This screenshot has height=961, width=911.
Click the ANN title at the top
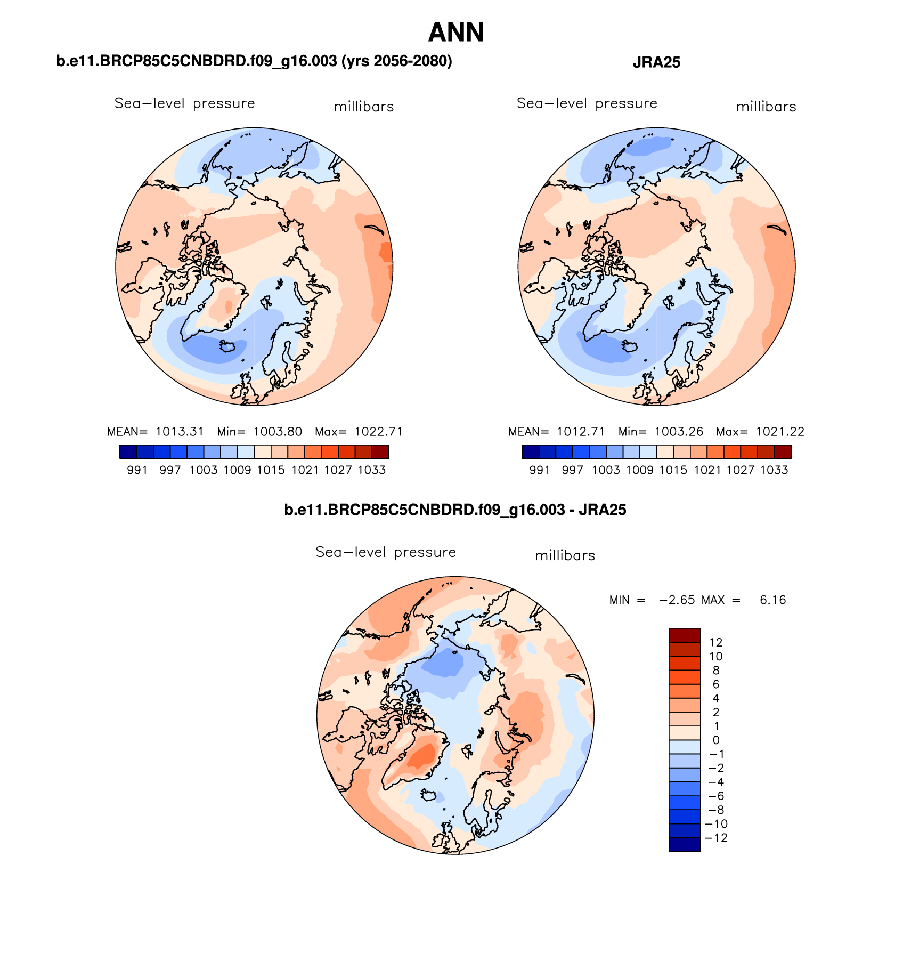[x=455, y=33]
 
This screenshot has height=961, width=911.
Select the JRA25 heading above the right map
[x=656, y=62]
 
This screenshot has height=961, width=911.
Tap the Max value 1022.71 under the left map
[x=378, y=432]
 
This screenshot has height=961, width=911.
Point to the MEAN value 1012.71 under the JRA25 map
[x=581, y=432]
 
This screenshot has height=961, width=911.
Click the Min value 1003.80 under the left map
[x=278, y=432]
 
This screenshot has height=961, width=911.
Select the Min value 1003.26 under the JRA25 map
[x=679, y=432]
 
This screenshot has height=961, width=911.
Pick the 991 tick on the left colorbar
[x=137, y=470]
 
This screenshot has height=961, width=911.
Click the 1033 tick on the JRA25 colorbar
[x=774, y=470]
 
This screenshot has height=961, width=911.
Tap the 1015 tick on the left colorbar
[x=271, y=470]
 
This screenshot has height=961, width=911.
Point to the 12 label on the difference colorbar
[x=715, y=643]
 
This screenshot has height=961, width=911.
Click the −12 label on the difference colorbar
[x=715, y=838]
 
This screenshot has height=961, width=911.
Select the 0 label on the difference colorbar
[x=715, y=740]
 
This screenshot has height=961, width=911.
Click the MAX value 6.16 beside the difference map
[x=772, y=600]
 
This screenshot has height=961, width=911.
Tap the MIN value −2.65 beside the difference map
[x=677, y=600]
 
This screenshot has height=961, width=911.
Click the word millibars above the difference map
[x=565, y=555]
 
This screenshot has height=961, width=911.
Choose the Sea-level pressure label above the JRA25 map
[x=587, y=103]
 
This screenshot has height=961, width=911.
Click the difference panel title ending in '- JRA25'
[x=455, y=510]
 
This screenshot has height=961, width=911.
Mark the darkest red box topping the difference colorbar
[x=684, y=635]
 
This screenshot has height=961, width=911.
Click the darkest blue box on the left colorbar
[x=128, y=452]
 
